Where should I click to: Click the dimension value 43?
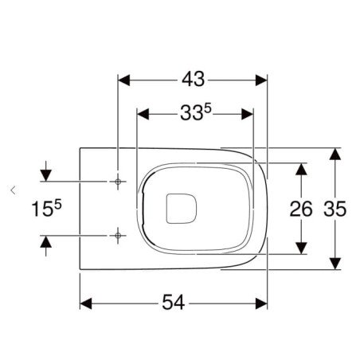tap(193, 79)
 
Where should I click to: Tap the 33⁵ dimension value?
tap(196, 112)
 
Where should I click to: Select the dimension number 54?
tap(174, 303)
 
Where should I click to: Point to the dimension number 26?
tap(301, 209)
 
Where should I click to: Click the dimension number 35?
tap(335, 209)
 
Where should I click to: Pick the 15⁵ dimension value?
tap(46, 208)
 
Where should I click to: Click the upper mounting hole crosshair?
tap(118, 182)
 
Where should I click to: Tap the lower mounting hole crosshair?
tap(118, 236)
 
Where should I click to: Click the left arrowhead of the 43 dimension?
tap(123, 80)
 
